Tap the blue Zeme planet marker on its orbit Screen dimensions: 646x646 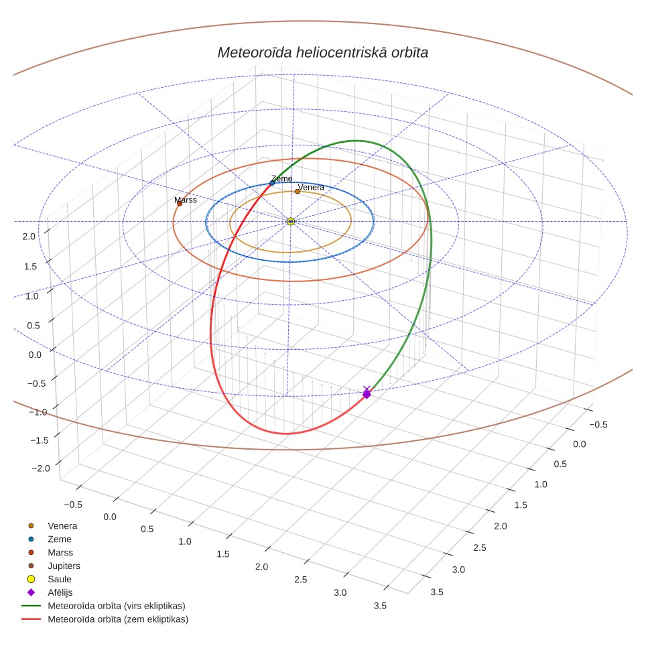pyautogui.click(x=272, y=184)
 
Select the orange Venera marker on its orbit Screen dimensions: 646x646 pyautogui.click(x=298, y=192)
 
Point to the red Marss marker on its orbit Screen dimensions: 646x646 pyautogui.click(x=180, y=204)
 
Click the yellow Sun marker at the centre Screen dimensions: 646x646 pyautogui.click(x=291, y=222)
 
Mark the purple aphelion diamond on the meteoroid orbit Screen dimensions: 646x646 pyautogui.click(x=367, y=394)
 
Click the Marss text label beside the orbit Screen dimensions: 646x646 pyautogui.click(x=186, y=200)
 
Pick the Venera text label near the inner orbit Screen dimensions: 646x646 pyautogui.click(x=311, y=188)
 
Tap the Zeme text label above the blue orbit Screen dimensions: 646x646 pyautogui.click(x=282, y=178)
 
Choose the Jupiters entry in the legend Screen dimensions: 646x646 pyautogui.click(x=64, y=566)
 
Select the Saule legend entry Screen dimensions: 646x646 pyautogui.click(x=60, y=579)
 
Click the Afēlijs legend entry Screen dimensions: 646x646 pyautogui.click(x=60, y=592)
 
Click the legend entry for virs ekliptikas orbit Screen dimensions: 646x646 pyautogui.click(x=117, y=606)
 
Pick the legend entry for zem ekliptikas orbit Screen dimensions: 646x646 pyautogui.click(x=118, y=619)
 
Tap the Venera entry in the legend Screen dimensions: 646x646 pyautogui.click(x=62, y=526)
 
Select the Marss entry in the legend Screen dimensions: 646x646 pyautogui.click(x=60, y=552)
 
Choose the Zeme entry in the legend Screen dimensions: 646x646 pyautogui.click(x=60, y=539)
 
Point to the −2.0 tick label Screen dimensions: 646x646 pyautogui.click(x=41, y=468)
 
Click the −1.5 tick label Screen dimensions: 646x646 pyautogui.click(x=40, y=440)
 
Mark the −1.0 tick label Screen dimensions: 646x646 pyautogui.click(x=38, y=412)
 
